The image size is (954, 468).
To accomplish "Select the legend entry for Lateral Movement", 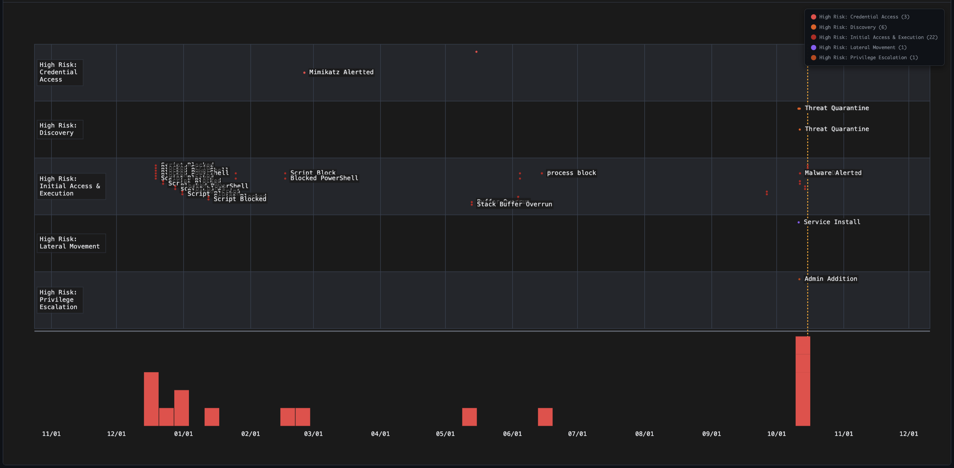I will (x=862, y=47).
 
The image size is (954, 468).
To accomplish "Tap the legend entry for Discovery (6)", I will (x=852, y=27).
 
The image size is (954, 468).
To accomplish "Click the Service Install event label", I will (x=832, y=222).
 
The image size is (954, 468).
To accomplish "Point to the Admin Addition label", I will (x=831, y=279).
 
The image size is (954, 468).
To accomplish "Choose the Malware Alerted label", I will (x=833, y=173).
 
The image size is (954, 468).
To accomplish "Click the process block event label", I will (x=571, y=173).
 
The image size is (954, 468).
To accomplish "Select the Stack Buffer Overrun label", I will (x=515, y=204).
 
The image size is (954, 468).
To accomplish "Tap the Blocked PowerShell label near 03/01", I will (x=324, y=178).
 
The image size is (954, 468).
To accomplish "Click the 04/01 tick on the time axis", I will (x=380, y=434).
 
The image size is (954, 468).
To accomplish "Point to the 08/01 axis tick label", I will (x=644, y=434).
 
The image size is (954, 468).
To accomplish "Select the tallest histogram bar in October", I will (x=803, y=382).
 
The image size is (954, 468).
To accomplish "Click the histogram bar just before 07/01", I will (x=545, y=417).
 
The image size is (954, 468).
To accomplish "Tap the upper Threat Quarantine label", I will (x=837, y=108).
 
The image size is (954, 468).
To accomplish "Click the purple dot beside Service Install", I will (x=798, y=222).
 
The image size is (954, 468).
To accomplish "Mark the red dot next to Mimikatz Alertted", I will (x=304, y=73).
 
